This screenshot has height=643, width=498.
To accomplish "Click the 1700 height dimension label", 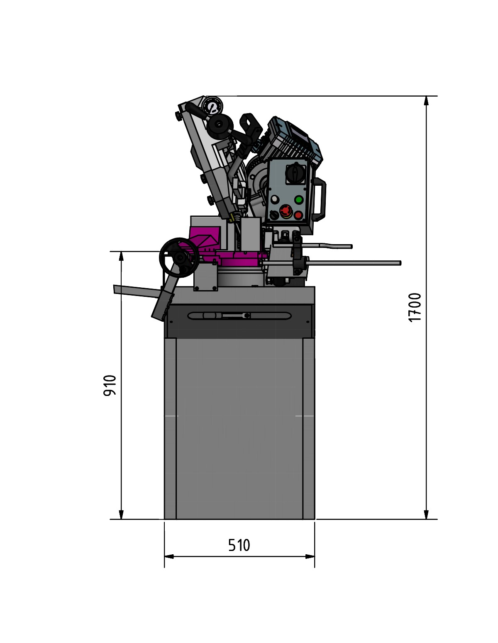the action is point(415,308).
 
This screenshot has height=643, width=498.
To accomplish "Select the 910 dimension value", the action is point(110,385).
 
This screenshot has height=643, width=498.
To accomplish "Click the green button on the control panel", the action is point(299,200).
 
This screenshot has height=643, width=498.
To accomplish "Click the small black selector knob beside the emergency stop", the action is point(274,214).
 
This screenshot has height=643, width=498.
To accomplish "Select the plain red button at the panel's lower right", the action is point(298,215).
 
